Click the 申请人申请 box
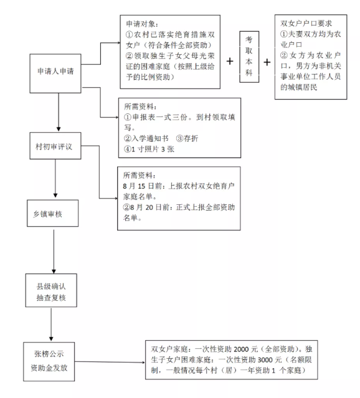pos(55,73)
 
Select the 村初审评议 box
pos(55,146)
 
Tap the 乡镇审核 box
pos(52,213)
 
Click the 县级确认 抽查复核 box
pos(51,290)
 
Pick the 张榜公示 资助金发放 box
pos(49,362)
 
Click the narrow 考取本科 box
pos(249,57)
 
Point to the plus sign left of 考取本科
pos(230,61)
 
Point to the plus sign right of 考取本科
pos(267,62)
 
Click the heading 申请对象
pos(141,24)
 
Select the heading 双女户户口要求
pos(306,23)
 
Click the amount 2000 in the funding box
pos(241,349)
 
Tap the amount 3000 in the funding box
pos(265,360)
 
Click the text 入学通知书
pos(150,138)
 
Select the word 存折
pos(191,138)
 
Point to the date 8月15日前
pos(143,186)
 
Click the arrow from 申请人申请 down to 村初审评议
pos(59,112)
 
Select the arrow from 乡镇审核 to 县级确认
pos(54,252)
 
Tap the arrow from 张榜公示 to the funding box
pos(110,362)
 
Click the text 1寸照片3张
pos(153,149)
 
